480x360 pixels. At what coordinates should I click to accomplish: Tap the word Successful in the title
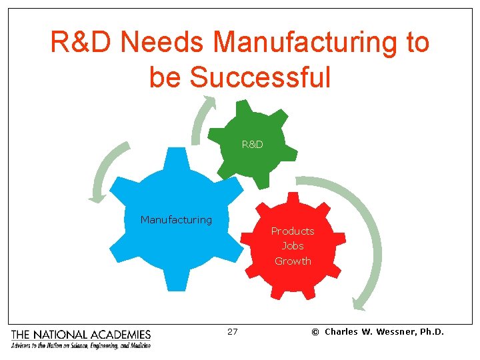pyautogui.click(x=260, y=77)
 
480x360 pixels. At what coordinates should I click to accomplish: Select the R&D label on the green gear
pyautogui.click(x=252, y=144)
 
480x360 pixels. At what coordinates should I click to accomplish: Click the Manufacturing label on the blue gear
pyautogui.click(x=176, y=219)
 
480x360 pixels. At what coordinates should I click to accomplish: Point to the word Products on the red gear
pyautogui.click(x=292, y=231)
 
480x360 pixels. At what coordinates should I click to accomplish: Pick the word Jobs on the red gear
pyautogui.click(x=293, y=246)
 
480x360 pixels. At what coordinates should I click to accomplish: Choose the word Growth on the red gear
pyautogui.click(x=293, y=261)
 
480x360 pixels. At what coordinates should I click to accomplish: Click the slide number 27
pyautogui.click(x=232, y=331)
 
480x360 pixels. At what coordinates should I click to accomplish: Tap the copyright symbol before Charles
pyautogui.click(x=315, y=332)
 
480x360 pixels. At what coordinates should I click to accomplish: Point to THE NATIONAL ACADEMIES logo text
pyautogui.click(x=81, y=335)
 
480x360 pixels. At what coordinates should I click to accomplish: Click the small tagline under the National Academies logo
pyautogui.click(x=81, y=345)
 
